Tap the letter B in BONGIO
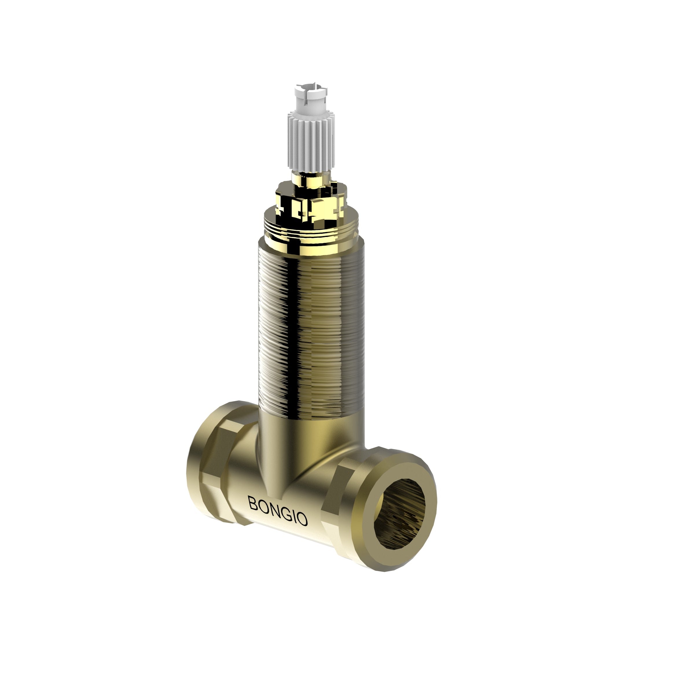pos(253,503)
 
